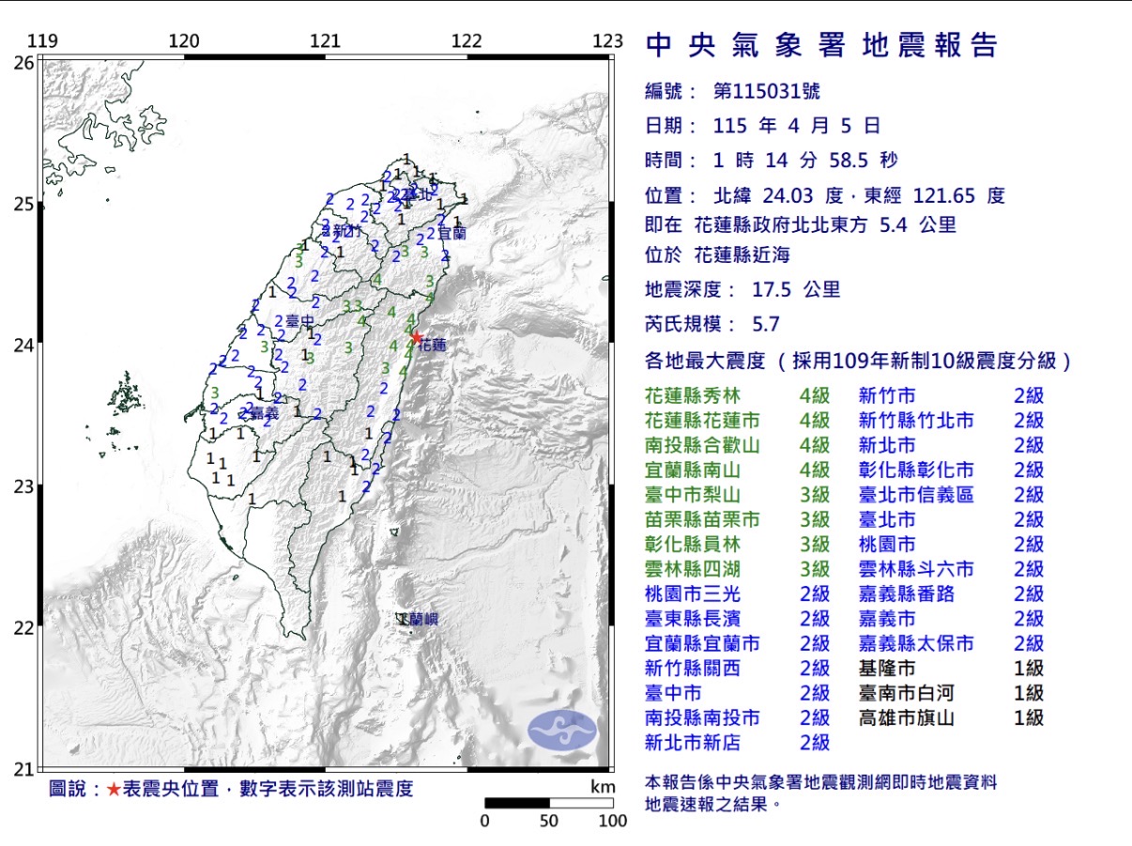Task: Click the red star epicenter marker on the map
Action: tap(416, 337)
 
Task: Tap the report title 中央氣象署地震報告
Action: tap(821, 45)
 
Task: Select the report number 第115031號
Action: tap(766, 91)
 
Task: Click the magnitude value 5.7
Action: tap(766, 325)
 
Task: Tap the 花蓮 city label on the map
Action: tap(432, 346)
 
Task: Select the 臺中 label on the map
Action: tap(300, 321)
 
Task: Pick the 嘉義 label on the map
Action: tap(265, 412)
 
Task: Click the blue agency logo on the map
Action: tap(561, 730)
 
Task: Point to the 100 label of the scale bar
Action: tap(612, 821)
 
